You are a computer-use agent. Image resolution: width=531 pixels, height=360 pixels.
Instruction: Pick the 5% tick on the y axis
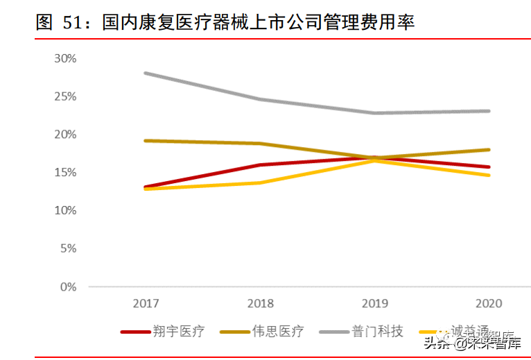click(67, 248)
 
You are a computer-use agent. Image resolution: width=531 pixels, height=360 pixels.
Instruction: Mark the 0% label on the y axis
click(67, 286)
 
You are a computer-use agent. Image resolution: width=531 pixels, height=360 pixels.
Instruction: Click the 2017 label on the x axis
click(146, 304)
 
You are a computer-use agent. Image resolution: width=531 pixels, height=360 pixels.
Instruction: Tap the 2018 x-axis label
click(259, 304)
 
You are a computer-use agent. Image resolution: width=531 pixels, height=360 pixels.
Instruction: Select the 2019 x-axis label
click(374, 304)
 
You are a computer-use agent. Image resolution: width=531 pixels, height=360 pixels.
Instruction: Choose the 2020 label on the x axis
click(489, 304)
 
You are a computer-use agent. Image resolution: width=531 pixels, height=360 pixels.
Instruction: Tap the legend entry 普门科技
click(381, 332)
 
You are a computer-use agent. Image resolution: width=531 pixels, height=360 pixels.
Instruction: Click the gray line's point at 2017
click(146, 73)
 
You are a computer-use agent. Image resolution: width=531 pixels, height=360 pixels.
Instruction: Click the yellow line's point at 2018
click(259, 183)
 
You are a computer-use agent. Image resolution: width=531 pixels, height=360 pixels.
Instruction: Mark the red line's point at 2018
click(259, 165)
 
